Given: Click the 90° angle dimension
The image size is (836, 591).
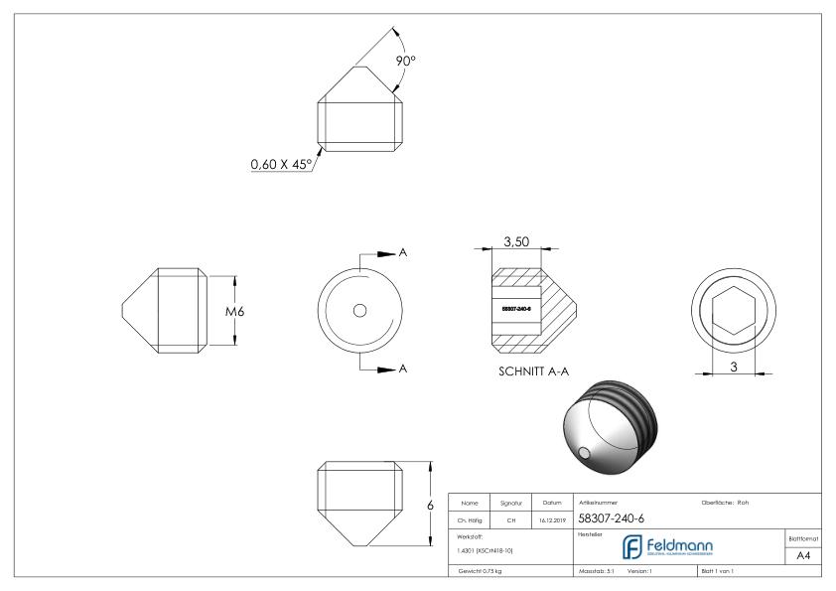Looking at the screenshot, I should (x=406, y=61).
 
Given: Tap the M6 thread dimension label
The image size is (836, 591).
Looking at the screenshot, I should (x=235, y=311).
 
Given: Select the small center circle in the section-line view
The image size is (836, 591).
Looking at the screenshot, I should (x=359, y=310).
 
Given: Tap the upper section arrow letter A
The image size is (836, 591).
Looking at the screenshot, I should (x=402, y=253).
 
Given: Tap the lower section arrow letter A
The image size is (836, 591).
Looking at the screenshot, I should (x=402, y=369).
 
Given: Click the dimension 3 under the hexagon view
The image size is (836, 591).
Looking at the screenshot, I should (x=734, y=367).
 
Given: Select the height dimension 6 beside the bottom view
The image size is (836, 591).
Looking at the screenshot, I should (x=429, y=505).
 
